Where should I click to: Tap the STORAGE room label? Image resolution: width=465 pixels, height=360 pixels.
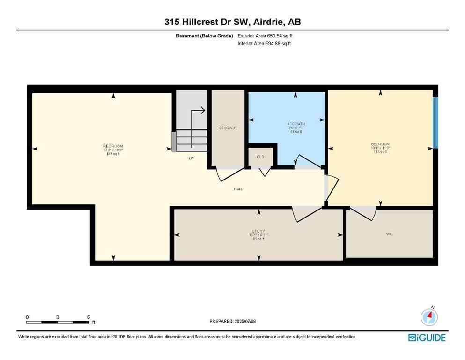click(x=228, y=128)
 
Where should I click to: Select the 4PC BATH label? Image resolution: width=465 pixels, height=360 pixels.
click(x=295, y=124)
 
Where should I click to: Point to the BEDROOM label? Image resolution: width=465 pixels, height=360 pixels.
click(x=380, y=144)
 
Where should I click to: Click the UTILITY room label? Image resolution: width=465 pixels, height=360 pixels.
click(x=258, y=231)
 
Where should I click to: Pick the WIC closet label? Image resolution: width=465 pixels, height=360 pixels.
click(x=389, y=233)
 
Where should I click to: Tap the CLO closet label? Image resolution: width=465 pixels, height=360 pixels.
click(x=261, y=157)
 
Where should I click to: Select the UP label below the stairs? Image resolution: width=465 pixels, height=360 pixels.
click(x=191, y=158)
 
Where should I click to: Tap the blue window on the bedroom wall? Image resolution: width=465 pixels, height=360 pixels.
click(x=435, y=122)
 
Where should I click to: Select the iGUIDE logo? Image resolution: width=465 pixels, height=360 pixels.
click(x=427, y=337)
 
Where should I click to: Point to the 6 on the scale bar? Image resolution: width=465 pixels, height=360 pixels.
click(x=89, y=317)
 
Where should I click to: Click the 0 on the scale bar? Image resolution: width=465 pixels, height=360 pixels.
click(x=28, y=317)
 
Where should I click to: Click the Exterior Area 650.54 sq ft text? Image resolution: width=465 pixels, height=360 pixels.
click(x=266, y=36)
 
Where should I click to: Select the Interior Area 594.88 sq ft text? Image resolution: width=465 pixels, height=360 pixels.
click(x=265, y=44)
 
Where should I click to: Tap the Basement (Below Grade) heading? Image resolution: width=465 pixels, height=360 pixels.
click(x=207, y=36)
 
